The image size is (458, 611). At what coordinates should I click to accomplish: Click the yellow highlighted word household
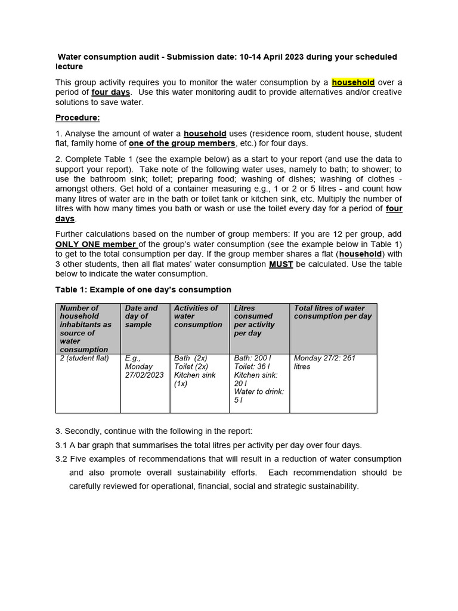click(x=353, y=82)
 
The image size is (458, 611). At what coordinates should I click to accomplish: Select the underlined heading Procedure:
click(x=78, y=118)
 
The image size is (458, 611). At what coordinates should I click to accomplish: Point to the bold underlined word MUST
click(x=280, y=264)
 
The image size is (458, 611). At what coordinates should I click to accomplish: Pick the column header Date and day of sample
click(x=141, y=316)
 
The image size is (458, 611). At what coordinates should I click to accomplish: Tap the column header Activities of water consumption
click(x=197, y=316)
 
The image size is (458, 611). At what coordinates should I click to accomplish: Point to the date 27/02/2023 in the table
click(x=144, y=375)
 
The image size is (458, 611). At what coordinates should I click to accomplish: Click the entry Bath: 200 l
click(x=253, y=358)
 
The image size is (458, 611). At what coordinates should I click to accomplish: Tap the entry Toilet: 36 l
click(x=252, y=366)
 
